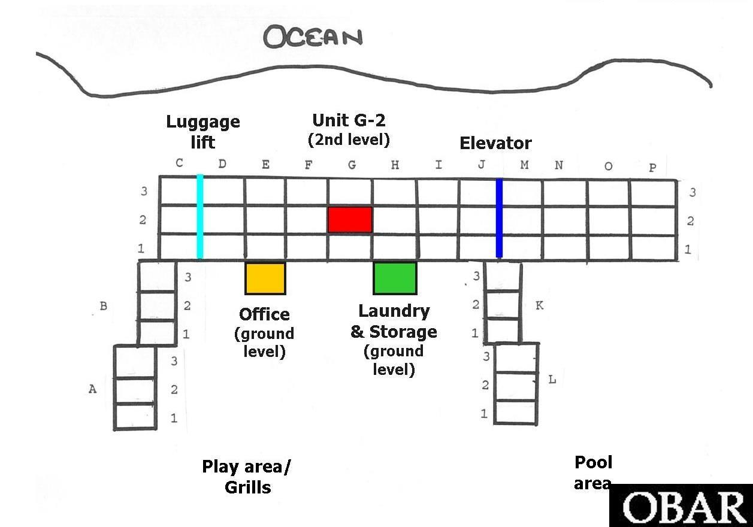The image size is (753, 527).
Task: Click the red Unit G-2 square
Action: click(350, 219)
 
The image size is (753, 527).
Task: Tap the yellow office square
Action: click(265, 278)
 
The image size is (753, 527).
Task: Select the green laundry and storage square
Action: click(395, 278)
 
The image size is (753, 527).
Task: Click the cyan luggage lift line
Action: click(200, 217)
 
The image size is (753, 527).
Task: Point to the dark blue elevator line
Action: click(500, 219)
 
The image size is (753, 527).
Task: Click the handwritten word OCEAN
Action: click(313, 37)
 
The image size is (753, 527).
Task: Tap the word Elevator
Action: click(495, 143)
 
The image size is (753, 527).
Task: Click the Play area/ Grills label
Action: click(246, 477)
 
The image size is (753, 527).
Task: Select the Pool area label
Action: click(593, 473)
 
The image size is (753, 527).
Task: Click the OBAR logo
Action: click(681, 505)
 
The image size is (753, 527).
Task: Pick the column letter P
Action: click(652, 167)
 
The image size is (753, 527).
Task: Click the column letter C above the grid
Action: click(179, 163)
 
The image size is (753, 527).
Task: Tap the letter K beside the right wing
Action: click(539, 305)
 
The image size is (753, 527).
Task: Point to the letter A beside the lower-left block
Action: click(92, 389)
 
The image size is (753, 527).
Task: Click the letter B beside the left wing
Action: click(104, 306)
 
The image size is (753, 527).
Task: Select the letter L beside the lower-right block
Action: click(552, 380)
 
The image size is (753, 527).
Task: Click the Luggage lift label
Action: click(203, 132)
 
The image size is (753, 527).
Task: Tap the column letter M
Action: click(524, 165)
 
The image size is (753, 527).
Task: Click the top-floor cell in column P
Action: click(654, 193)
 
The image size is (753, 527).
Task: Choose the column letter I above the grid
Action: click(439, 165)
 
